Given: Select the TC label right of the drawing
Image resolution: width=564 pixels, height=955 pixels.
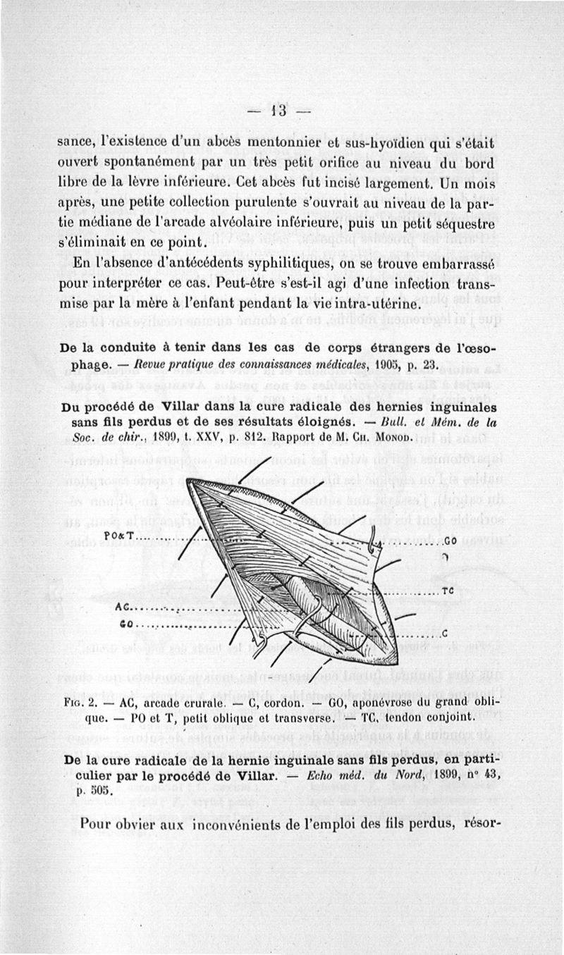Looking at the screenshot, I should point(446,591).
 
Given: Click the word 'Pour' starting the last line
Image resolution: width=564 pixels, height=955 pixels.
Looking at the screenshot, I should point(97,823).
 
